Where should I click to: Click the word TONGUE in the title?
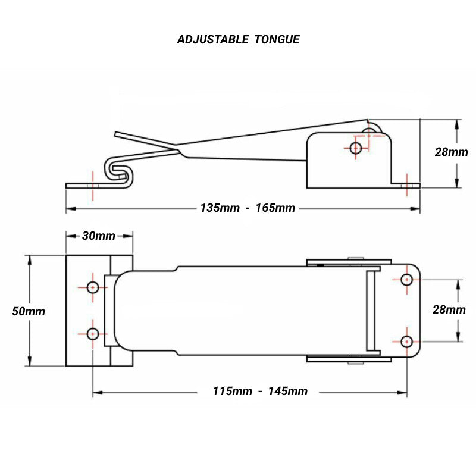tap(277, 40)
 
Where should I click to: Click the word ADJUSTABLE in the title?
tap(212, 40)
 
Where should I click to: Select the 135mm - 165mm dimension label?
tap(247, 208)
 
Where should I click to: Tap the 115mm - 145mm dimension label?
tap(260, 391)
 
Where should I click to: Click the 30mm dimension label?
tap(98, 236)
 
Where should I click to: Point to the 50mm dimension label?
tap(28, 311)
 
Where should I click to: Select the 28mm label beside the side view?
tap(450, 152)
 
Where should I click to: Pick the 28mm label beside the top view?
tap(449, 309)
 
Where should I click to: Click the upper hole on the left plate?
tap(93, 287)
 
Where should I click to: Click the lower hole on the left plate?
tap(93, 333)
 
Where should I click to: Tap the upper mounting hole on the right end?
tap(407, 280)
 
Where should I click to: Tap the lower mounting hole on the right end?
tap(407, 342)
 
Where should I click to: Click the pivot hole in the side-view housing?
tap(356, 148)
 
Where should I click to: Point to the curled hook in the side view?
tap(118, 170)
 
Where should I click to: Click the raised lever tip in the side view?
tap(118, 134)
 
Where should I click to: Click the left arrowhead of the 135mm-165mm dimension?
tap(68, 209)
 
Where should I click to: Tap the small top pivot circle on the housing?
tap(372, 129)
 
